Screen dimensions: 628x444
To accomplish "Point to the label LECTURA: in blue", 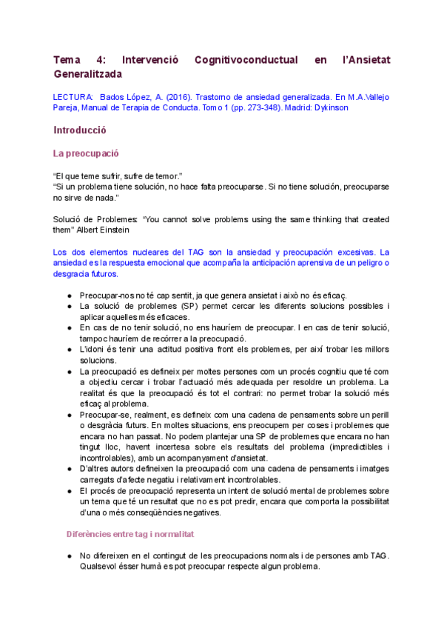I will [x=73, y=97].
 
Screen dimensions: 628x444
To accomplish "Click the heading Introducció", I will [x=80, y=130].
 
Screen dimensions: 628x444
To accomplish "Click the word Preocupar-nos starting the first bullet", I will [x=106, y=295].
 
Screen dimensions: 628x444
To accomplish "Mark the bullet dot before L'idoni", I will [x=69, y=349].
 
